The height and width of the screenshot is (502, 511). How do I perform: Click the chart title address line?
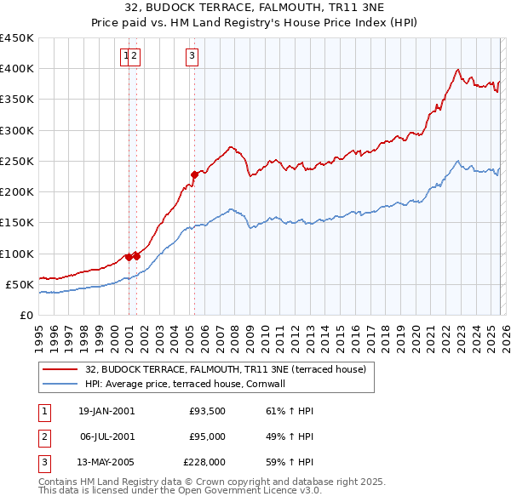point(255,9)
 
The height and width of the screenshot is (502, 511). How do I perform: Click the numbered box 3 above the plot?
point(192,56)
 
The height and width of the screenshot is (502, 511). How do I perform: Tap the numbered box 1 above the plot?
point(126,56)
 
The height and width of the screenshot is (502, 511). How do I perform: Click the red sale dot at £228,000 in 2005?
point(194,174)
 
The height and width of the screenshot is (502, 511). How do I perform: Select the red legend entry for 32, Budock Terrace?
point(225,369)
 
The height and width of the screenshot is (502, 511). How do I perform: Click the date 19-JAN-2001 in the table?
point(106,411)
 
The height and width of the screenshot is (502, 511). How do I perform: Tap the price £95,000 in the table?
point(208,436)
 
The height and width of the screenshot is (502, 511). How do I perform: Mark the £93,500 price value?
point(208,411)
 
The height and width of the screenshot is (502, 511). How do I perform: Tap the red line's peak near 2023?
point(458,69)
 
